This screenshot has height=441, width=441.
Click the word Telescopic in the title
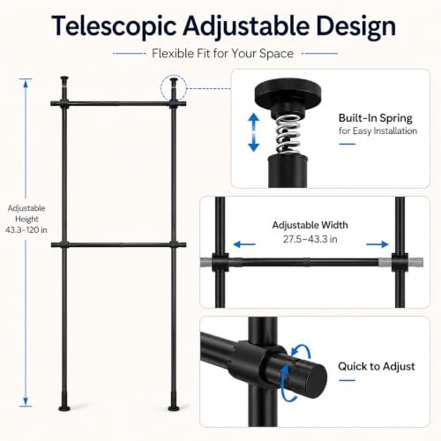pyautogui.click(x=114, y=26)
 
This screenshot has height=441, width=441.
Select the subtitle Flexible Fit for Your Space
pyautogui.click(x=222, y=54)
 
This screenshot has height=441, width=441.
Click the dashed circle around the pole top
pyautogui.click(x=174, y=88)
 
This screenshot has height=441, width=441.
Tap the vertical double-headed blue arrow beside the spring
pyautogui.click(x=254, y=132)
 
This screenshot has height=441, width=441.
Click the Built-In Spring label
pyautogui.click(x=376, y=118)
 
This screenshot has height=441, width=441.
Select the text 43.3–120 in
pyautogui.click(x=26, y=230)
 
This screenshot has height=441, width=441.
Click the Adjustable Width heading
pyautogui.click(x=310, y=225)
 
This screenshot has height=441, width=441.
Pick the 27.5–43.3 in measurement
pyautogui.click(x=310, y=239)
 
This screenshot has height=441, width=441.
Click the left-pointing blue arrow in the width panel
pyautogui.click(x=244, y=244)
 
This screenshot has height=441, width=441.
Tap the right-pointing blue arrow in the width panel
pyautogui.click(x=377, y=244)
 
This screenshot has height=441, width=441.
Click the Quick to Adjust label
pyautogui.click(x=377, y=366)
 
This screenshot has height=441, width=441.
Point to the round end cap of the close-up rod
pyautogui.click(x=315, y=381)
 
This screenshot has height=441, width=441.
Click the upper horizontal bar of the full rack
pyautogui.click(x=118, y=103)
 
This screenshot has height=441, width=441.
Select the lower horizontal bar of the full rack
pyautogui.click(x=118, y=244)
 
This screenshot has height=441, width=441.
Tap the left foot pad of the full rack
pyautogui.click(x=64, y=408)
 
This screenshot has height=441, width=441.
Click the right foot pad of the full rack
pyautogui.click(x=174, y=408)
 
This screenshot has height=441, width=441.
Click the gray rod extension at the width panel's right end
pyautogui.click(x=415, y=262)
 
